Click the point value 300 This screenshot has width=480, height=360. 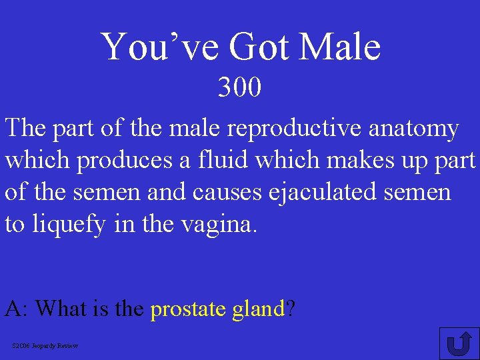(240, 87)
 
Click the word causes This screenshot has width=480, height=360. (219, 193)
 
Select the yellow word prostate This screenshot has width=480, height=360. (189, 309)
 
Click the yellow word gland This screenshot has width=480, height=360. (258, 309)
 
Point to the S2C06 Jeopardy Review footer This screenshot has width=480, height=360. (45, 345)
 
